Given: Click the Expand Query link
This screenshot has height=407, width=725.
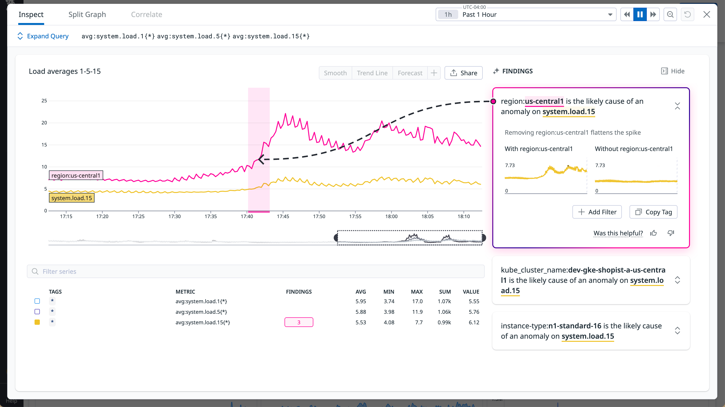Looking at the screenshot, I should [47, 36].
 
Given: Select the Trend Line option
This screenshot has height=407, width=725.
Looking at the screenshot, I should [372, 73].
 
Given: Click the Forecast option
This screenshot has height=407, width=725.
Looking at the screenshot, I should [410, 73].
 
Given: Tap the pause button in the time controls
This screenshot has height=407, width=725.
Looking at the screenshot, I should [640, 15].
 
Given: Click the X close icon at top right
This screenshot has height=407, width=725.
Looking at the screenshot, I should [707, 15].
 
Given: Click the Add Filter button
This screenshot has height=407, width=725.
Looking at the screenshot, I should [597, 212].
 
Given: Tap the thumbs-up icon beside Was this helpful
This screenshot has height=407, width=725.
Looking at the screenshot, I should [654, 233].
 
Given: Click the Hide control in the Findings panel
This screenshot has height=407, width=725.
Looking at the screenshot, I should [673, 71].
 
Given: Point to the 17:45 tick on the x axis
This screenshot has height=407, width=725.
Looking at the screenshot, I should [283, 216].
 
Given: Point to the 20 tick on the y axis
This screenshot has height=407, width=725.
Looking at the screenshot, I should [44, 123].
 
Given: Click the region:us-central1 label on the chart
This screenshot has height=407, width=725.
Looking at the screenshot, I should [76, 175].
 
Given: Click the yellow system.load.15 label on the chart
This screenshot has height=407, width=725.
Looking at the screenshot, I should [71, 198].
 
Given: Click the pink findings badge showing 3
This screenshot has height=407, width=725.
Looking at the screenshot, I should [299, 322].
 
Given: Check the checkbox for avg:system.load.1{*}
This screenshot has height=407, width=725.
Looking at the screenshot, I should [37, 301].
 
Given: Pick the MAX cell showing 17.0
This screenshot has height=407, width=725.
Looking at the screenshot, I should [417, 301].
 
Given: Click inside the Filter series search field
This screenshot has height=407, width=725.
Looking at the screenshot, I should [255, 271].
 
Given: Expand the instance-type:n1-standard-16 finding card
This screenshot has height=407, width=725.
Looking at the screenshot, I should [677, 331].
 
